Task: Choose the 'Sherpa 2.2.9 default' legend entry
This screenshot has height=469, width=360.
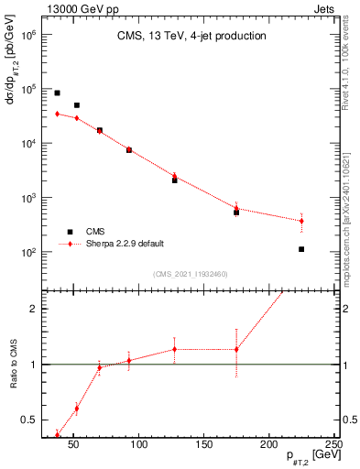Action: (x=125, y=244)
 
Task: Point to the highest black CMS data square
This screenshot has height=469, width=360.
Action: (x=57, y=93)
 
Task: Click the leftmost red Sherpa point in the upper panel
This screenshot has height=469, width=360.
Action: (x=57, y=114)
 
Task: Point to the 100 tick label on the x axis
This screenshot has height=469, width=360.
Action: (x=139, y=444)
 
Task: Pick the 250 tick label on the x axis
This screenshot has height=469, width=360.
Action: (x=334, y=444)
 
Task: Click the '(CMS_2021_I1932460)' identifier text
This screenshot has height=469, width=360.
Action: (x=191, y=273)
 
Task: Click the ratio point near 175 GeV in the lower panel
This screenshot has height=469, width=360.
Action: (x=236, y=349)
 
